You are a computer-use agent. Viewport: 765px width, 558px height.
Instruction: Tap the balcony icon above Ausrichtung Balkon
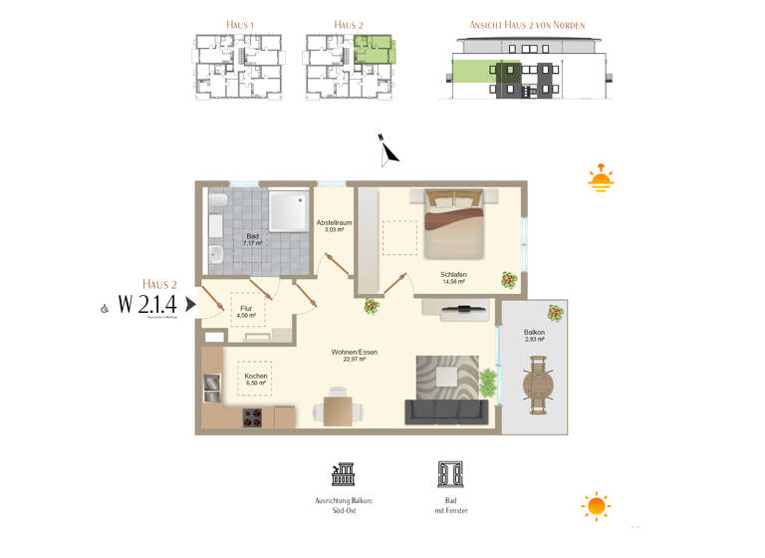point(344,474)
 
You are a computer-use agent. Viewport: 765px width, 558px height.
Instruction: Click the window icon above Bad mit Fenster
point(448,474)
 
